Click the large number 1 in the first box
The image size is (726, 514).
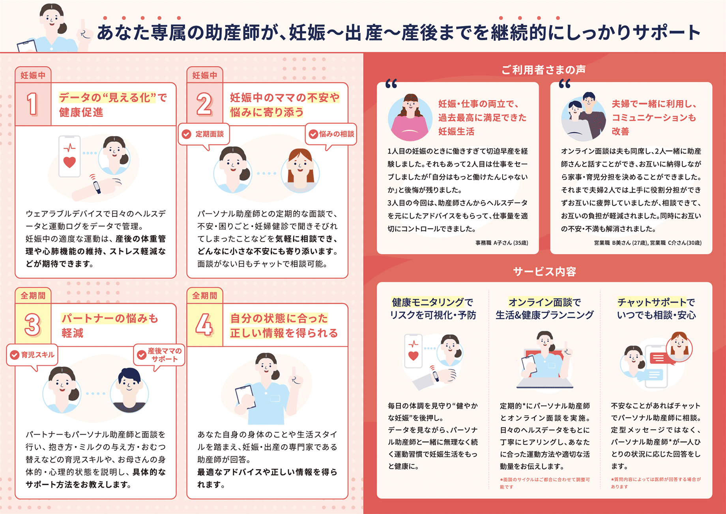tap(32, 104)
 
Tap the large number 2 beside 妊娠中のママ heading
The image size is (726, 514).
tap(204, 104)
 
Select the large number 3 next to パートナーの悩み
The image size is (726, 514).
tap(32, 325)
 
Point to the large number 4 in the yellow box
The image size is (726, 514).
tap(204, 325)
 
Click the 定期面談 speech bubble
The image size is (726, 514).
tap(204, 134)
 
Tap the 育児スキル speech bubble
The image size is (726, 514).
tap(32, 355)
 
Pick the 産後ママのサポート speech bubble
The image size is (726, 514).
tap(159, 355)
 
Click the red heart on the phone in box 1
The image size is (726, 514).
tap(69, 162)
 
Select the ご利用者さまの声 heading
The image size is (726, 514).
tap(544, 70)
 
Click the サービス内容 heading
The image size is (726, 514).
tap(544, 272)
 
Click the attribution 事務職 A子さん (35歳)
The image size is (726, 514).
tap(501, 243)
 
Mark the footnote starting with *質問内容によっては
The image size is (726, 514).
tap(656, 483)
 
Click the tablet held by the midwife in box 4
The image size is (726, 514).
tap(245, 397)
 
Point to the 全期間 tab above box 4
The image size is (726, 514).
tap(204, 296)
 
